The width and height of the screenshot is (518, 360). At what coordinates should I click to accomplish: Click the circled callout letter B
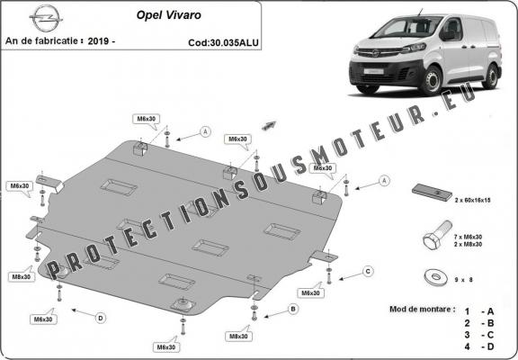(x=293, y=309)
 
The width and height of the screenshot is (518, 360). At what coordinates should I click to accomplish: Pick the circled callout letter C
(x=367, y=270)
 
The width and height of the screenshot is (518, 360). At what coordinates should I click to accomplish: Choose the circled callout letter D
(x=101, y=317)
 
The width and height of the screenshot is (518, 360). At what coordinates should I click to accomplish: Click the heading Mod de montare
(x=422, y=308)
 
